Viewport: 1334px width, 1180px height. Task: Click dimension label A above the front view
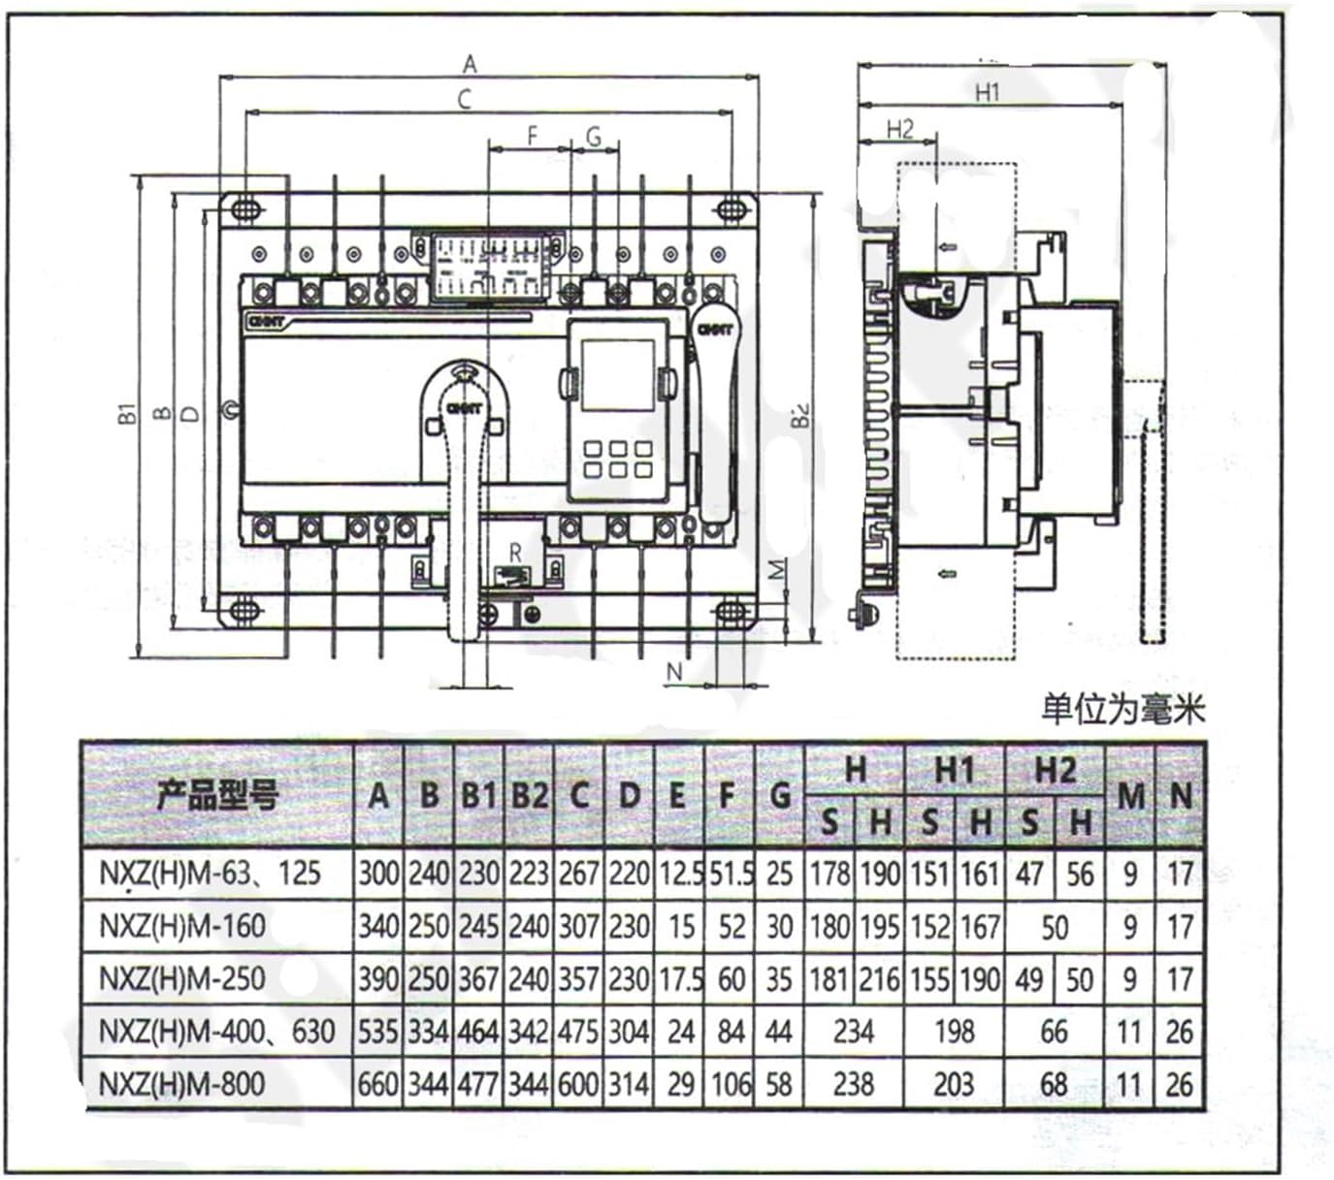click(470, 64)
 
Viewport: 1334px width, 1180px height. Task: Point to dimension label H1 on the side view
click(987, 92)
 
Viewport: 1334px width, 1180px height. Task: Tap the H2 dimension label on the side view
click(899, 129)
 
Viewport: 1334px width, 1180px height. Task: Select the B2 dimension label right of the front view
click(799, 416)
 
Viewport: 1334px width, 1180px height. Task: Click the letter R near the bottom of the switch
click(515, 552)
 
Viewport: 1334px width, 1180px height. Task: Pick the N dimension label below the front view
click(675, 670)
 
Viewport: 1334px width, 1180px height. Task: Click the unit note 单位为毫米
click(1123, 709)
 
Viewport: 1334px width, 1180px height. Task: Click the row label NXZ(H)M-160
click(181, 926)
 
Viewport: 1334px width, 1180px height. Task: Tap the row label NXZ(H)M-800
click(181, 1083)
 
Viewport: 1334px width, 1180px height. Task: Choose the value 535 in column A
click(378, 1031)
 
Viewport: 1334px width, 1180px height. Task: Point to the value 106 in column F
click(731, 1083)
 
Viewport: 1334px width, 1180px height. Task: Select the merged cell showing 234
click(854, 1031)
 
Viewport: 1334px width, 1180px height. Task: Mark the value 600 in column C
click(578, 1083)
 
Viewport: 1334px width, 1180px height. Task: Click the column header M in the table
click(1129, 796)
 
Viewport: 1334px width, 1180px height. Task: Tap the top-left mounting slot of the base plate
click(245, 207)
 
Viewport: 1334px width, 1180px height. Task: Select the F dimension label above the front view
click(532, 137)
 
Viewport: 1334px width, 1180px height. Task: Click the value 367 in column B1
click(478, 978)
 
